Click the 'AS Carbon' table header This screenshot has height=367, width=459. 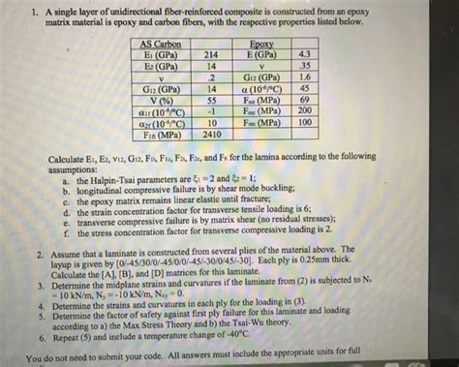tap(161, 46)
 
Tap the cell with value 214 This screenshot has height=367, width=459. tap(210, 56)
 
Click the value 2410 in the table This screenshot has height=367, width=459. tap(210, 136)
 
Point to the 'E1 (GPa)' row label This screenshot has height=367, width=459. tap(157, 56)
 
